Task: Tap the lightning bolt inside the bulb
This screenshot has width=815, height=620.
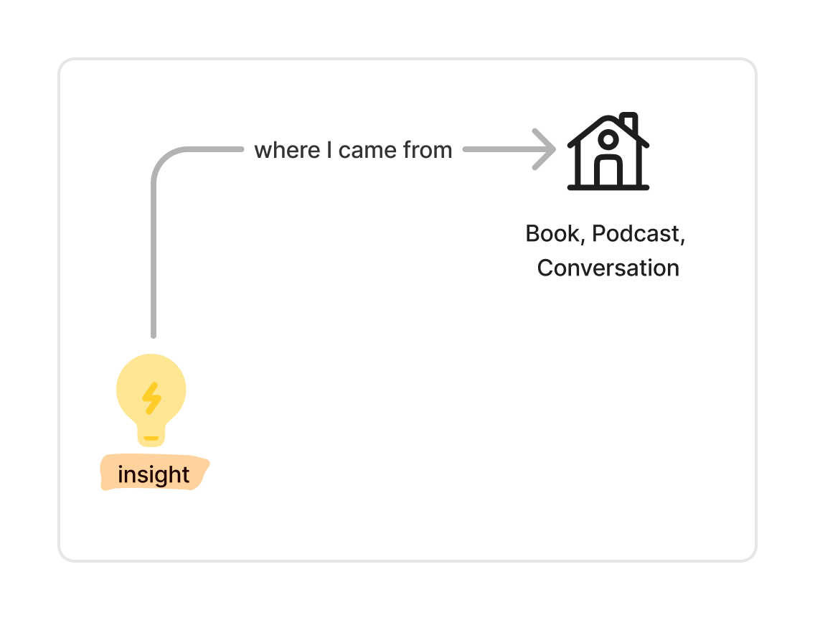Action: (x=151, y=398)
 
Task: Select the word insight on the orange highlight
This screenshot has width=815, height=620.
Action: (x=154, y=474)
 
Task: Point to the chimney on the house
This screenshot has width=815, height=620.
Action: (x=629, y=122)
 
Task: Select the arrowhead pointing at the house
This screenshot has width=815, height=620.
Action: (x=546, y=149)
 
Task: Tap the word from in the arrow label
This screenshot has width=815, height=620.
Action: (x=428, y=150)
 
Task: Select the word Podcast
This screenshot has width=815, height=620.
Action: (x=636, y=234)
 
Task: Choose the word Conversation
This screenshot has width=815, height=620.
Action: (x=608, y=268)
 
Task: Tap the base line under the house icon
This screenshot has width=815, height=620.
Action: (x=608, y=187)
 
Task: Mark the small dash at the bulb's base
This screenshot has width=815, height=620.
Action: (x=151, y=437)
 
